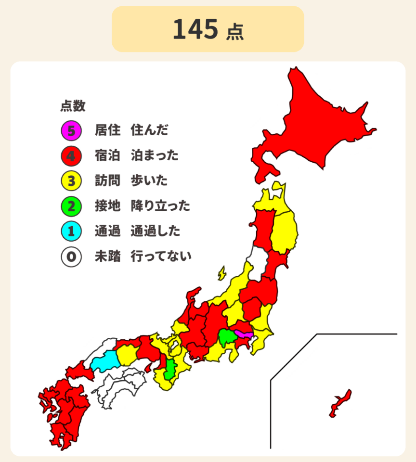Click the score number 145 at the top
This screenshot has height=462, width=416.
[x=195, y=30]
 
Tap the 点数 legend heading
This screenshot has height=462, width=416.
[x=73, y=105]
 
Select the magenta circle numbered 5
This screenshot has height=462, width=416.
[x=71, y=130]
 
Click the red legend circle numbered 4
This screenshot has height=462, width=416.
[x=71, y=155]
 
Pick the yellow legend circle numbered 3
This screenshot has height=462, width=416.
[x=71, y=181]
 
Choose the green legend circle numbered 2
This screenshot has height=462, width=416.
[x=71, y=206]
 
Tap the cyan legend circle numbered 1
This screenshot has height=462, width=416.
[x=71, y=231]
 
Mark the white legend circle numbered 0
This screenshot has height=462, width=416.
[x=71, y=257]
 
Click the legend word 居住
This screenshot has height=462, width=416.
[x=107, y=130]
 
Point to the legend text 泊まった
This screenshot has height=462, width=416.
[x=155, y=155]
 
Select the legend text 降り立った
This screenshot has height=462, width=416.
[x=160, y=206]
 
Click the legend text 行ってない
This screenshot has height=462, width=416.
[x=161, y=257]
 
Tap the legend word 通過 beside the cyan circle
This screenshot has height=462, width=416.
[x=107, y=231]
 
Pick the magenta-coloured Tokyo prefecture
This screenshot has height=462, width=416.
[x=243, y=334]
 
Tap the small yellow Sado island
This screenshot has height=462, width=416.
[x=222, y=273]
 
